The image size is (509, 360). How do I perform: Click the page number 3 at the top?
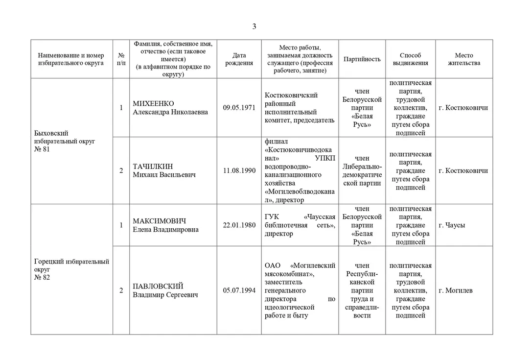[x=254, y=26]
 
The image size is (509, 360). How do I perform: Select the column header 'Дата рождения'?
[x=239, y=59]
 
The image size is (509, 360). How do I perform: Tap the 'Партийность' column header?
[x=362, y=59]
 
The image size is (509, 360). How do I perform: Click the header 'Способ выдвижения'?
[x=410, y=59]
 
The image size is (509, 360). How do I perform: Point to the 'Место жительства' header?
[x=463, y=59]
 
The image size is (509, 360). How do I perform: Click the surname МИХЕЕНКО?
[x=153, y=104]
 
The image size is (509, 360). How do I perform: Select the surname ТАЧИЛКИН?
[x=153, y=167]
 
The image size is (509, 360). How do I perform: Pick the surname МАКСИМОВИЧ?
[x=160, y=221]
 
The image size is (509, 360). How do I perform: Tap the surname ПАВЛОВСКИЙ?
[x=158, y=286]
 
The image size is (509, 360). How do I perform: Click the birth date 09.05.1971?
[x=239, y=108]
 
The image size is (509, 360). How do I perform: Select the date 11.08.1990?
[x=239, y=171]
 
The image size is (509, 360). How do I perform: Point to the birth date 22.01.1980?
[x=239, y=225]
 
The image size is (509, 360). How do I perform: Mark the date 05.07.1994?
[x=239, y=290]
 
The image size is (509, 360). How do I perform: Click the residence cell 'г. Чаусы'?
[x=452, y=225]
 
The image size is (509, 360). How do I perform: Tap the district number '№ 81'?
[x=42, y=149]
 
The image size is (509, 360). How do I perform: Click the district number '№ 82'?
[x=42, y=278]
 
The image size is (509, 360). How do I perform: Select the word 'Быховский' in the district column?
[x=51, y=133]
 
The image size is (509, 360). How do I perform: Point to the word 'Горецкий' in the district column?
[x=48, y=262]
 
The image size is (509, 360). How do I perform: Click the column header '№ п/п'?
[x=121, y=59]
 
